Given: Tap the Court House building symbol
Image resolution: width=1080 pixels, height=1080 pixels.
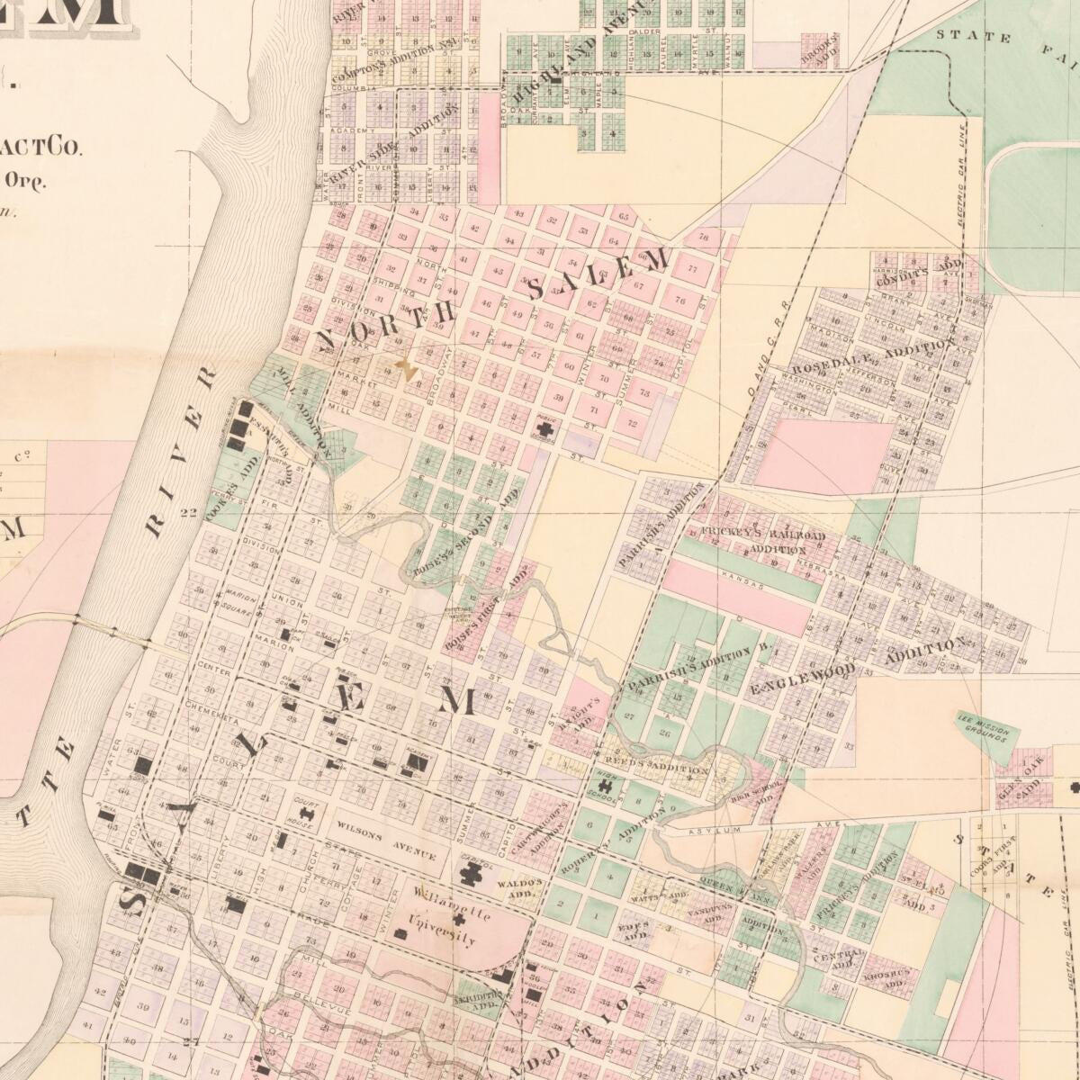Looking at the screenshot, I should point(304,818).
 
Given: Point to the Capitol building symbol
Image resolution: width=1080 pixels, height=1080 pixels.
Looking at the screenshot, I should point(472,871).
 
